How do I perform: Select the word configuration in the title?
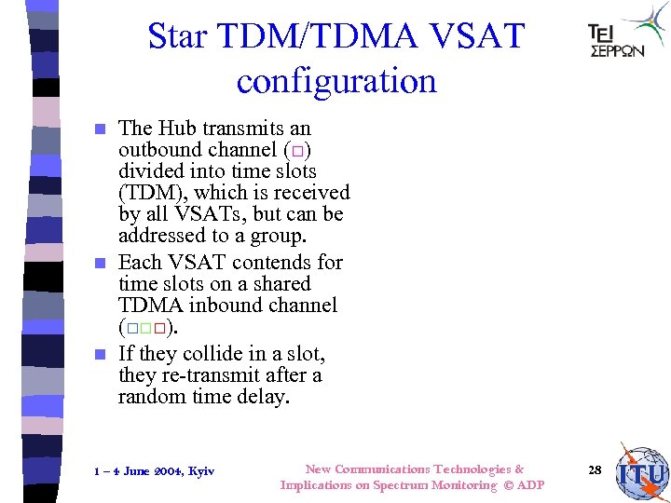336,82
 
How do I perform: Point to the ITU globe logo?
641,472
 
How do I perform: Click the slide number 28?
595,470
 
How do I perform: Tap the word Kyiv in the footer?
200,471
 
